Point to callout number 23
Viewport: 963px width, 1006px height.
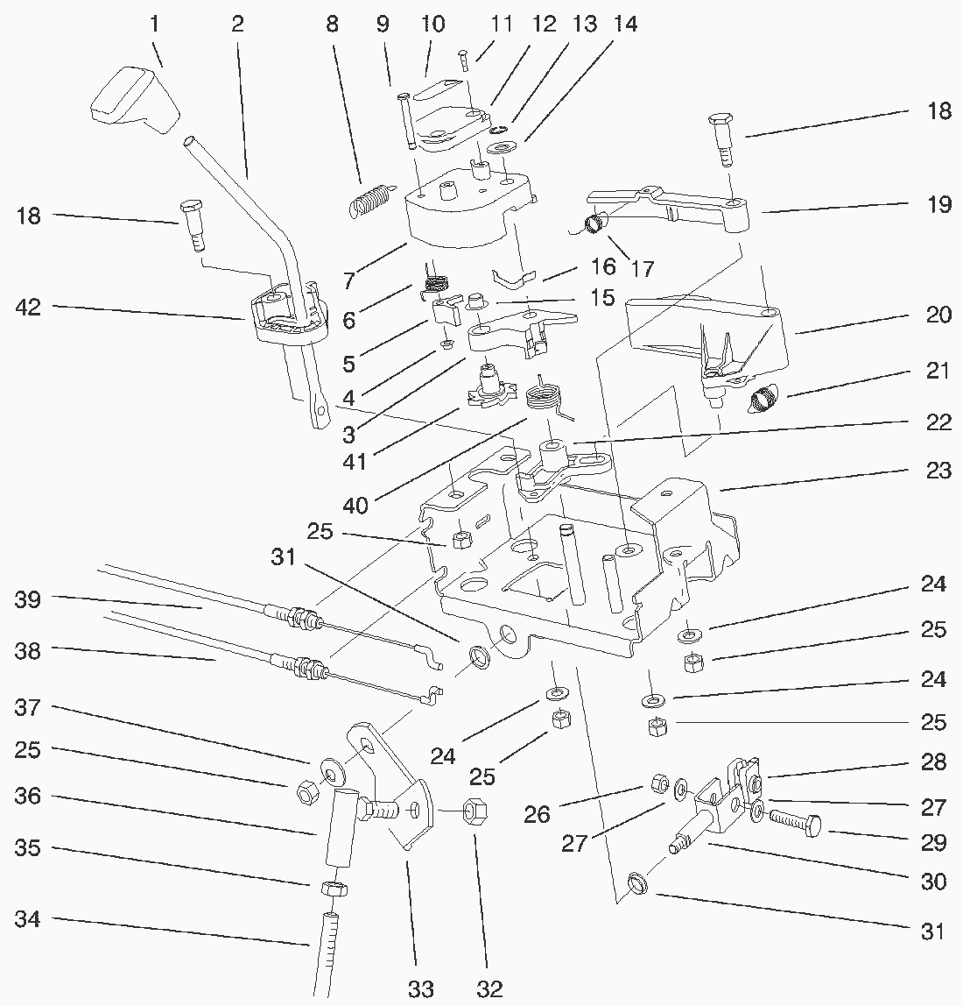[x=938, y=471]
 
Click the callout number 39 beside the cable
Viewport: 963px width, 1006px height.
[x=28, y=600]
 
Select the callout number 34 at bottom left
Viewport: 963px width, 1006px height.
[x=28, y=919]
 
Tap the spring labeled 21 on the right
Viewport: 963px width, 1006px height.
[x=766, y=399]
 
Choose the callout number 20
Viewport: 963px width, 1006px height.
[x=938, y=315]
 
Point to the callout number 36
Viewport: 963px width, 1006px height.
[x=28, y=797]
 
